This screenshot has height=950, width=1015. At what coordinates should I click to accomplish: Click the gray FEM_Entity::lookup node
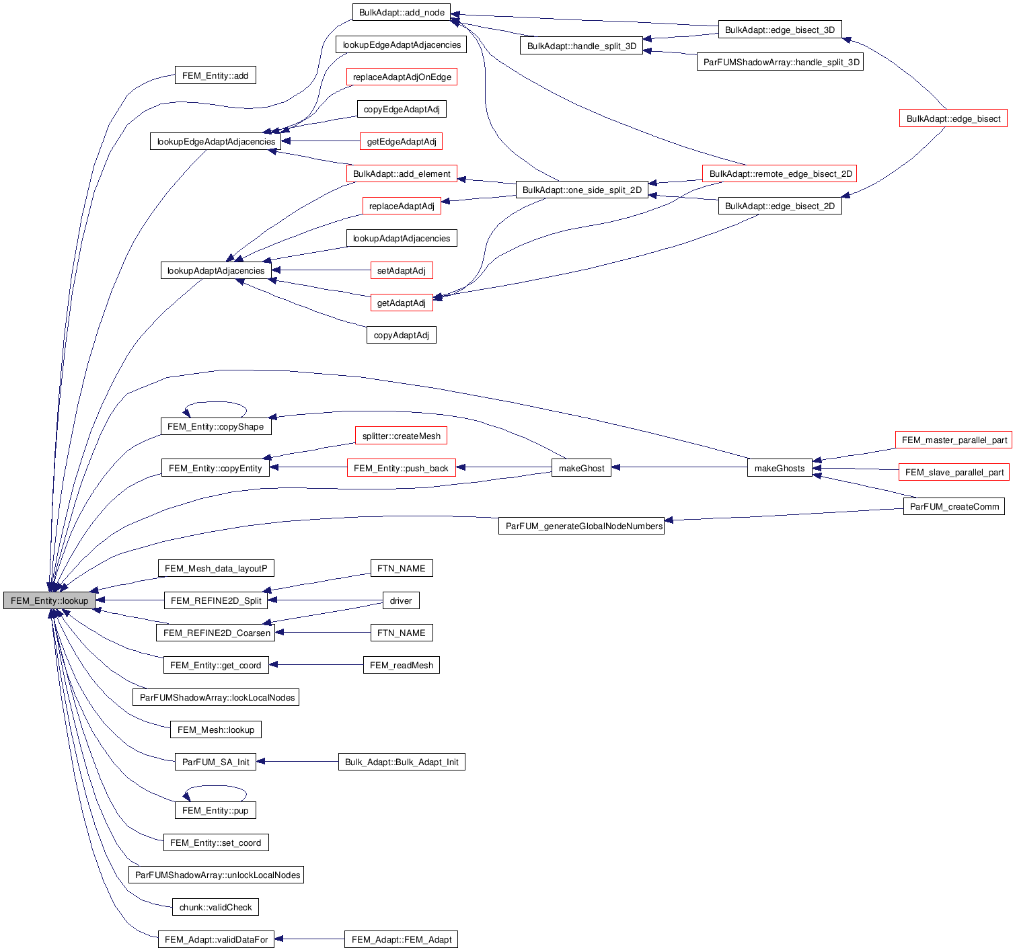[x=49, y=600]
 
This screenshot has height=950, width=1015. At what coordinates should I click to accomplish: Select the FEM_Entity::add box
[x=215, y=75]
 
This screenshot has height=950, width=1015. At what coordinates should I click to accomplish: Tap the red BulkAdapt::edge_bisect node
[x=953, y=118]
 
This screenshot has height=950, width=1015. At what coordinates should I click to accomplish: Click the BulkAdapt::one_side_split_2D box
[x=582, y=190]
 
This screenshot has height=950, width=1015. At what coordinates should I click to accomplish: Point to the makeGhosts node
[x=780, y=468]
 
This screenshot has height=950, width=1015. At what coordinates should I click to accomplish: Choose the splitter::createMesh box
[x=401, y=436]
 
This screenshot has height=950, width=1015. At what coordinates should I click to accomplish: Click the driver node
[x=401, y=600]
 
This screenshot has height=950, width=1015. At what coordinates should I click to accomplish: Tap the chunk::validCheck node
[x=215, y=907]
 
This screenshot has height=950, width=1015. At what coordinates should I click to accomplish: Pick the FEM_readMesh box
[x=401, y=665]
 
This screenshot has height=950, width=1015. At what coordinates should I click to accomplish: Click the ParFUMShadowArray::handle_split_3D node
[x=781, y=62]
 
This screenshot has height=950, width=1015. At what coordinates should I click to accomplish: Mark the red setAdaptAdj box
[x=401, y=270]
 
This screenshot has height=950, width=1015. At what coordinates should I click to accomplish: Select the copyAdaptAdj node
[x=401, y=335]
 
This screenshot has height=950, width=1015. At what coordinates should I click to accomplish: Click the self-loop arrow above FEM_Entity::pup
[x=215, y=787]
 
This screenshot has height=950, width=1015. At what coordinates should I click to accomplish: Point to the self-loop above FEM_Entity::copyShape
[x=215, y=403]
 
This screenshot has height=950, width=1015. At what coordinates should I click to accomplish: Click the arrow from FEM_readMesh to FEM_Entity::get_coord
[x=316, y=665]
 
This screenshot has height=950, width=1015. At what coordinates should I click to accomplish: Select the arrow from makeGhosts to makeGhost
[x=679, y=467]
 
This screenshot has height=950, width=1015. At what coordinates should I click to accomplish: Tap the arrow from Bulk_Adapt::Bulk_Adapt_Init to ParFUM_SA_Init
[x=297, y=762]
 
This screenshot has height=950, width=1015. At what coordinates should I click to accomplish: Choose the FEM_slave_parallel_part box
[x=954, y=472]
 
